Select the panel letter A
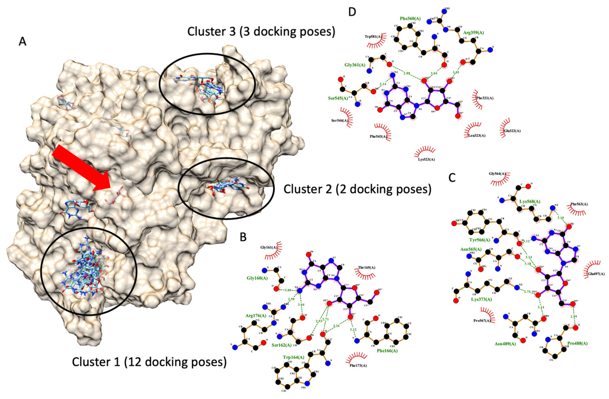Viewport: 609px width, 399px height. [x=23, y=42]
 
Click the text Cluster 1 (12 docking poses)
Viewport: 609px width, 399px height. [x=149, y=362]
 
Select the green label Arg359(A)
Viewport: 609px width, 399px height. [x=473, y=33]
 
